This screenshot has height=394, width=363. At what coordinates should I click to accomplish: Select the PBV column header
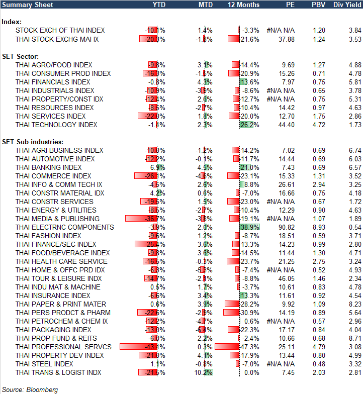click(x=318, y=5)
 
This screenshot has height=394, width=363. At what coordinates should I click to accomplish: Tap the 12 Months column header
click(x=244, y=5)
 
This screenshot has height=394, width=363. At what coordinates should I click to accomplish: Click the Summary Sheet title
click(x=24, y=5)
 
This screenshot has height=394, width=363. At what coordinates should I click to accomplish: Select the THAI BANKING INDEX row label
click(x=48, y=167)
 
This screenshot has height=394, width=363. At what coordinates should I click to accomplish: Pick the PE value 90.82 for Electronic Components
click(x=286, y=227)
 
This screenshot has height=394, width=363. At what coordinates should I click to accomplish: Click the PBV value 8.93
click(x=319, y=227)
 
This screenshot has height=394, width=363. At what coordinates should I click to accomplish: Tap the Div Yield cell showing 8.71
click(x=354, y=338)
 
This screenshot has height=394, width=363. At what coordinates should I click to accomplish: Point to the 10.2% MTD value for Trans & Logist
click(x=206, y=372)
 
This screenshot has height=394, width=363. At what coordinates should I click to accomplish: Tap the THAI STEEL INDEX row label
click(x=44, y=364)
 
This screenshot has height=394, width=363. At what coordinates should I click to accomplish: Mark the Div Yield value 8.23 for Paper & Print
click(x=354, y=304)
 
